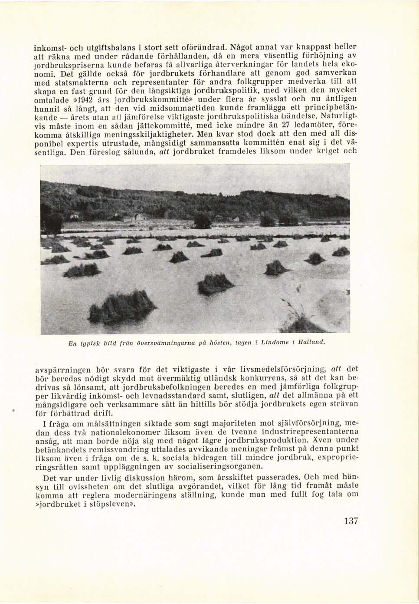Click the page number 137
pyautogui.click(x=350, y=521)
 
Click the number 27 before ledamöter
pyautogui.click(x=286, y=126)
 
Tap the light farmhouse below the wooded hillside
pyautogui.click(x=140, y=217)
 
